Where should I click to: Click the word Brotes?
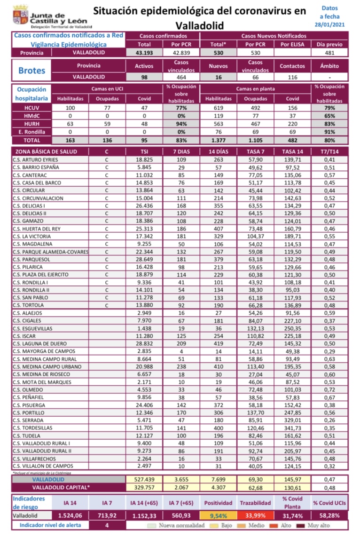(x=31, y=71)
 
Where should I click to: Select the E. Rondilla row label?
(x=30, y=132)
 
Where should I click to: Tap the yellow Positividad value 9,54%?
(x=219, y=515)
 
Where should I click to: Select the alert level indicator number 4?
(x=107, y=525)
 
